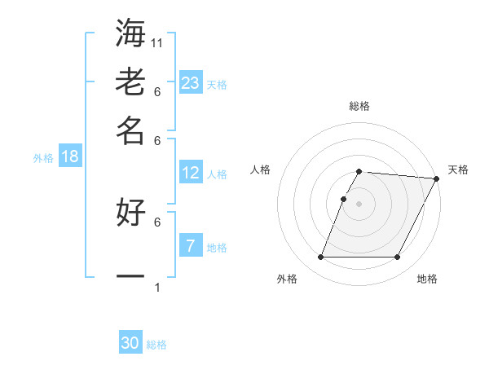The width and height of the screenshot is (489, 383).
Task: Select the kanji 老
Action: tap(130, 83)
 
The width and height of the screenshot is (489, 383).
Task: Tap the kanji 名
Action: tap(130, 130)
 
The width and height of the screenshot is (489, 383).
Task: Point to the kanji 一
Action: tap(130, 276)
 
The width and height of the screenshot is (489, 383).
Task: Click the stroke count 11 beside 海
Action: tap(158, 42)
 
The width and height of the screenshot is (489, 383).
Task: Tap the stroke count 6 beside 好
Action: tap(156, 222)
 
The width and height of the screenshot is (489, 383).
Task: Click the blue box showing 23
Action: tap(191, 82)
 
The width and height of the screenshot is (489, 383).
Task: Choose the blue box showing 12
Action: tap(191, 173)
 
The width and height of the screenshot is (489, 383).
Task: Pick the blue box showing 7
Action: tap(191, 244)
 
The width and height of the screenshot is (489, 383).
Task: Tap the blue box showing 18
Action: tap(70, 156)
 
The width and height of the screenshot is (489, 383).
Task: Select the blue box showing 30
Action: tap(130, 343)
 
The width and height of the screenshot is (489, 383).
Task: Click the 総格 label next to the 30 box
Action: tap(156, 345)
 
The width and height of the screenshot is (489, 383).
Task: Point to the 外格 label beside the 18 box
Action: tap(43, 158)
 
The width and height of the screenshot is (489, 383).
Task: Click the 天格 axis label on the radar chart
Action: tap(458, 169)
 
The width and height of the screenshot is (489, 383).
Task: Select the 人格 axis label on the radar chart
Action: tap(261, 169)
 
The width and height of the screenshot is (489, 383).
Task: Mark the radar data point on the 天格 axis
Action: tap(436, 178)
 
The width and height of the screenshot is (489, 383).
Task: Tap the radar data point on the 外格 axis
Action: tap(320, 258)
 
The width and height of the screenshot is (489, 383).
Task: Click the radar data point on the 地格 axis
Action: tap(398, 258)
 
